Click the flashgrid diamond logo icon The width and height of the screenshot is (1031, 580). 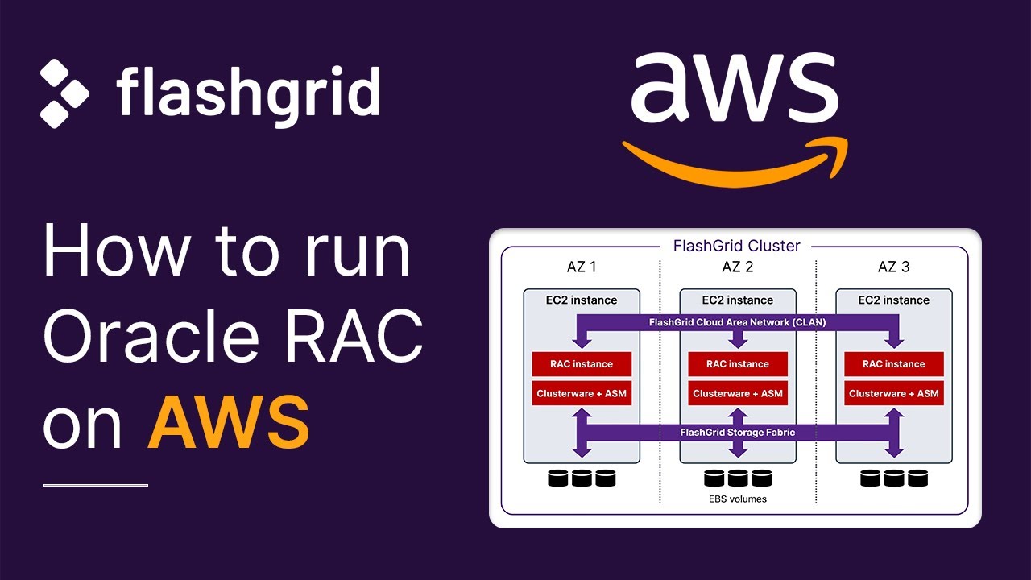(65, 93)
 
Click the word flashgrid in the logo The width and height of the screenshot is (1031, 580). (248, 92)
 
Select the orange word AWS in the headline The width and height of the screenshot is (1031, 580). (229, 422)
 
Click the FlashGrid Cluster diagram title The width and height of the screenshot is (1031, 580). (736, 246)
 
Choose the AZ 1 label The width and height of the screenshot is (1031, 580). (582, 267)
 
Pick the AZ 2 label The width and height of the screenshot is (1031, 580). (738, 267)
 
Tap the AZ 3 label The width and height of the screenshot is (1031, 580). (894, 267)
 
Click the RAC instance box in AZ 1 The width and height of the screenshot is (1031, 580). (582, 364)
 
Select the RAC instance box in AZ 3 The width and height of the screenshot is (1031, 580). (894, 364)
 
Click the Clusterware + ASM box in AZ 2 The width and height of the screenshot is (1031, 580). (738, 394)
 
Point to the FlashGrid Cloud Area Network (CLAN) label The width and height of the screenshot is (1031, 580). (738, 322)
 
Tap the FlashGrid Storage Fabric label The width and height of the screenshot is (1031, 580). (738, 433)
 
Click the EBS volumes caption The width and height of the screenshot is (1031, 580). (738, 499)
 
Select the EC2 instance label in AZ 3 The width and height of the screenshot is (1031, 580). (894, 300)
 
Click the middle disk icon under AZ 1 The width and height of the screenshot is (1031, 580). (582, 478)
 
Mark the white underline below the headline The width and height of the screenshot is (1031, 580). (96, 485)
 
